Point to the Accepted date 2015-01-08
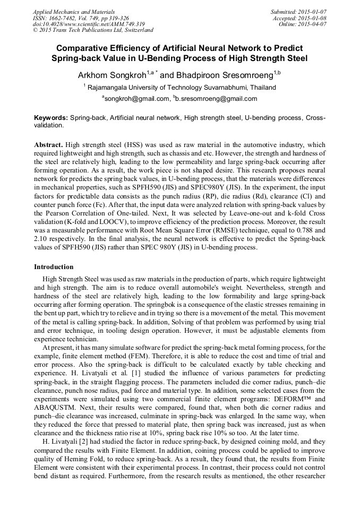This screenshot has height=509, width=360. (x=312, y=18)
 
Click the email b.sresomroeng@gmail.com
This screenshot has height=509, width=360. (x=216, y=99)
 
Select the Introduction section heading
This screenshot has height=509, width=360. (x=54, y=266)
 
